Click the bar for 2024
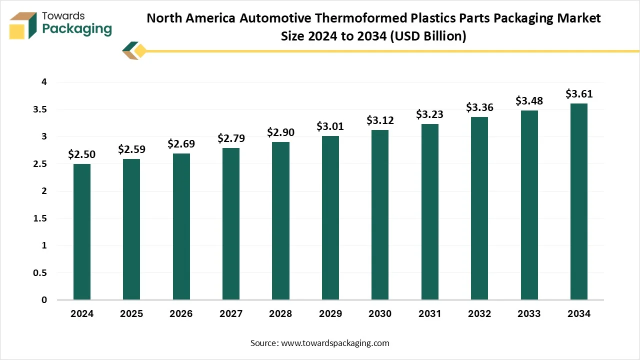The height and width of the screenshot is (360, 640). click(82, 232)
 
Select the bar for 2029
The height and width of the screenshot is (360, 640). click(330, 218)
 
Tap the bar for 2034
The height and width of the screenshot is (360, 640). click(579, 201)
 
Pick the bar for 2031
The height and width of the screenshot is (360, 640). click(430, 212)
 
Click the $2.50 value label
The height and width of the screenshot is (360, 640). click(82, 154)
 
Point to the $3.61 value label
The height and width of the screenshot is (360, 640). click(579, 94)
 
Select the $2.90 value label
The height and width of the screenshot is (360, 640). click(280, 132)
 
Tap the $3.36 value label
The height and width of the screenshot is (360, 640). click(479, 107)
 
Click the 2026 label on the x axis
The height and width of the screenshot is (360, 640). click(181, 314)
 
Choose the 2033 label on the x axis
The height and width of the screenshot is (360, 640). click(529, 314)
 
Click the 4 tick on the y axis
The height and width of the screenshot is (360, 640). click(44, 82)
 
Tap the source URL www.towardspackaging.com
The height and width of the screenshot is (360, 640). click(335, 343)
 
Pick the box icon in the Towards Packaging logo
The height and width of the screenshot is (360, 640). click(23, 25)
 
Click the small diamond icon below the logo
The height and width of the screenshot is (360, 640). click(135, 51)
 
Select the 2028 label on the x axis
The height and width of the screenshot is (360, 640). click(280, 314)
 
